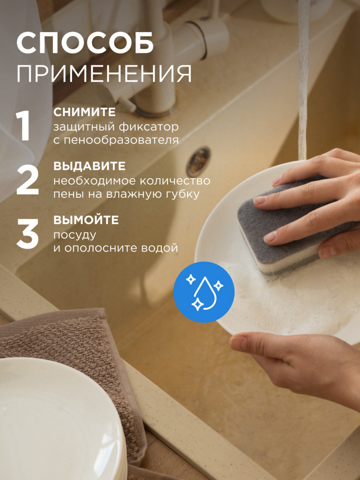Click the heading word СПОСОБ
(x=85, y=43)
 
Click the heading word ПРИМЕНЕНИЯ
(x=104, y=74)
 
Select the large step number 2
(x=27, y=180)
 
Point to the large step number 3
(x=27, y=234)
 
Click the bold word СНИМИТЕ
(x=84, y=112)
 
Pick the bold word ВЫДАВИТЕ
(x=90, y=166)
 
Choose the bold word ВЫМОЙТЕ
(x=86, y=220)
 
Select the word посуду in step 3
(x=75, y=235)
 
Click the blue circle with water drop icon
(x=204, y=292)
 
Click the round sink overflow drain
(x=198, y=162)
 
